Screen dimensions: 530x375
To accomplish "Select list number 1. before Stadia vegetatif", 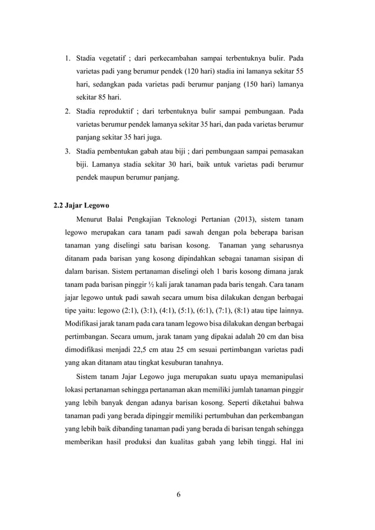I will [x=68, y=58].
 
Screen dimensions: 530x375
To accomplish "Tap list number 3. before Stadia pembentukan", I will [x=68, y=151].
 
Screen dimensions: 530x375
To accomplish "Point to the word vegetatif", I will [x=113, y=58].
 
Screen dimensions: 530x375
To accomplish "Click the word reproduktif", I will [x=116, y=111].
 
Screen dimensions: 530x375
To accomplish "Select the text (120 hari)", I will [x=194, y=71].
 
